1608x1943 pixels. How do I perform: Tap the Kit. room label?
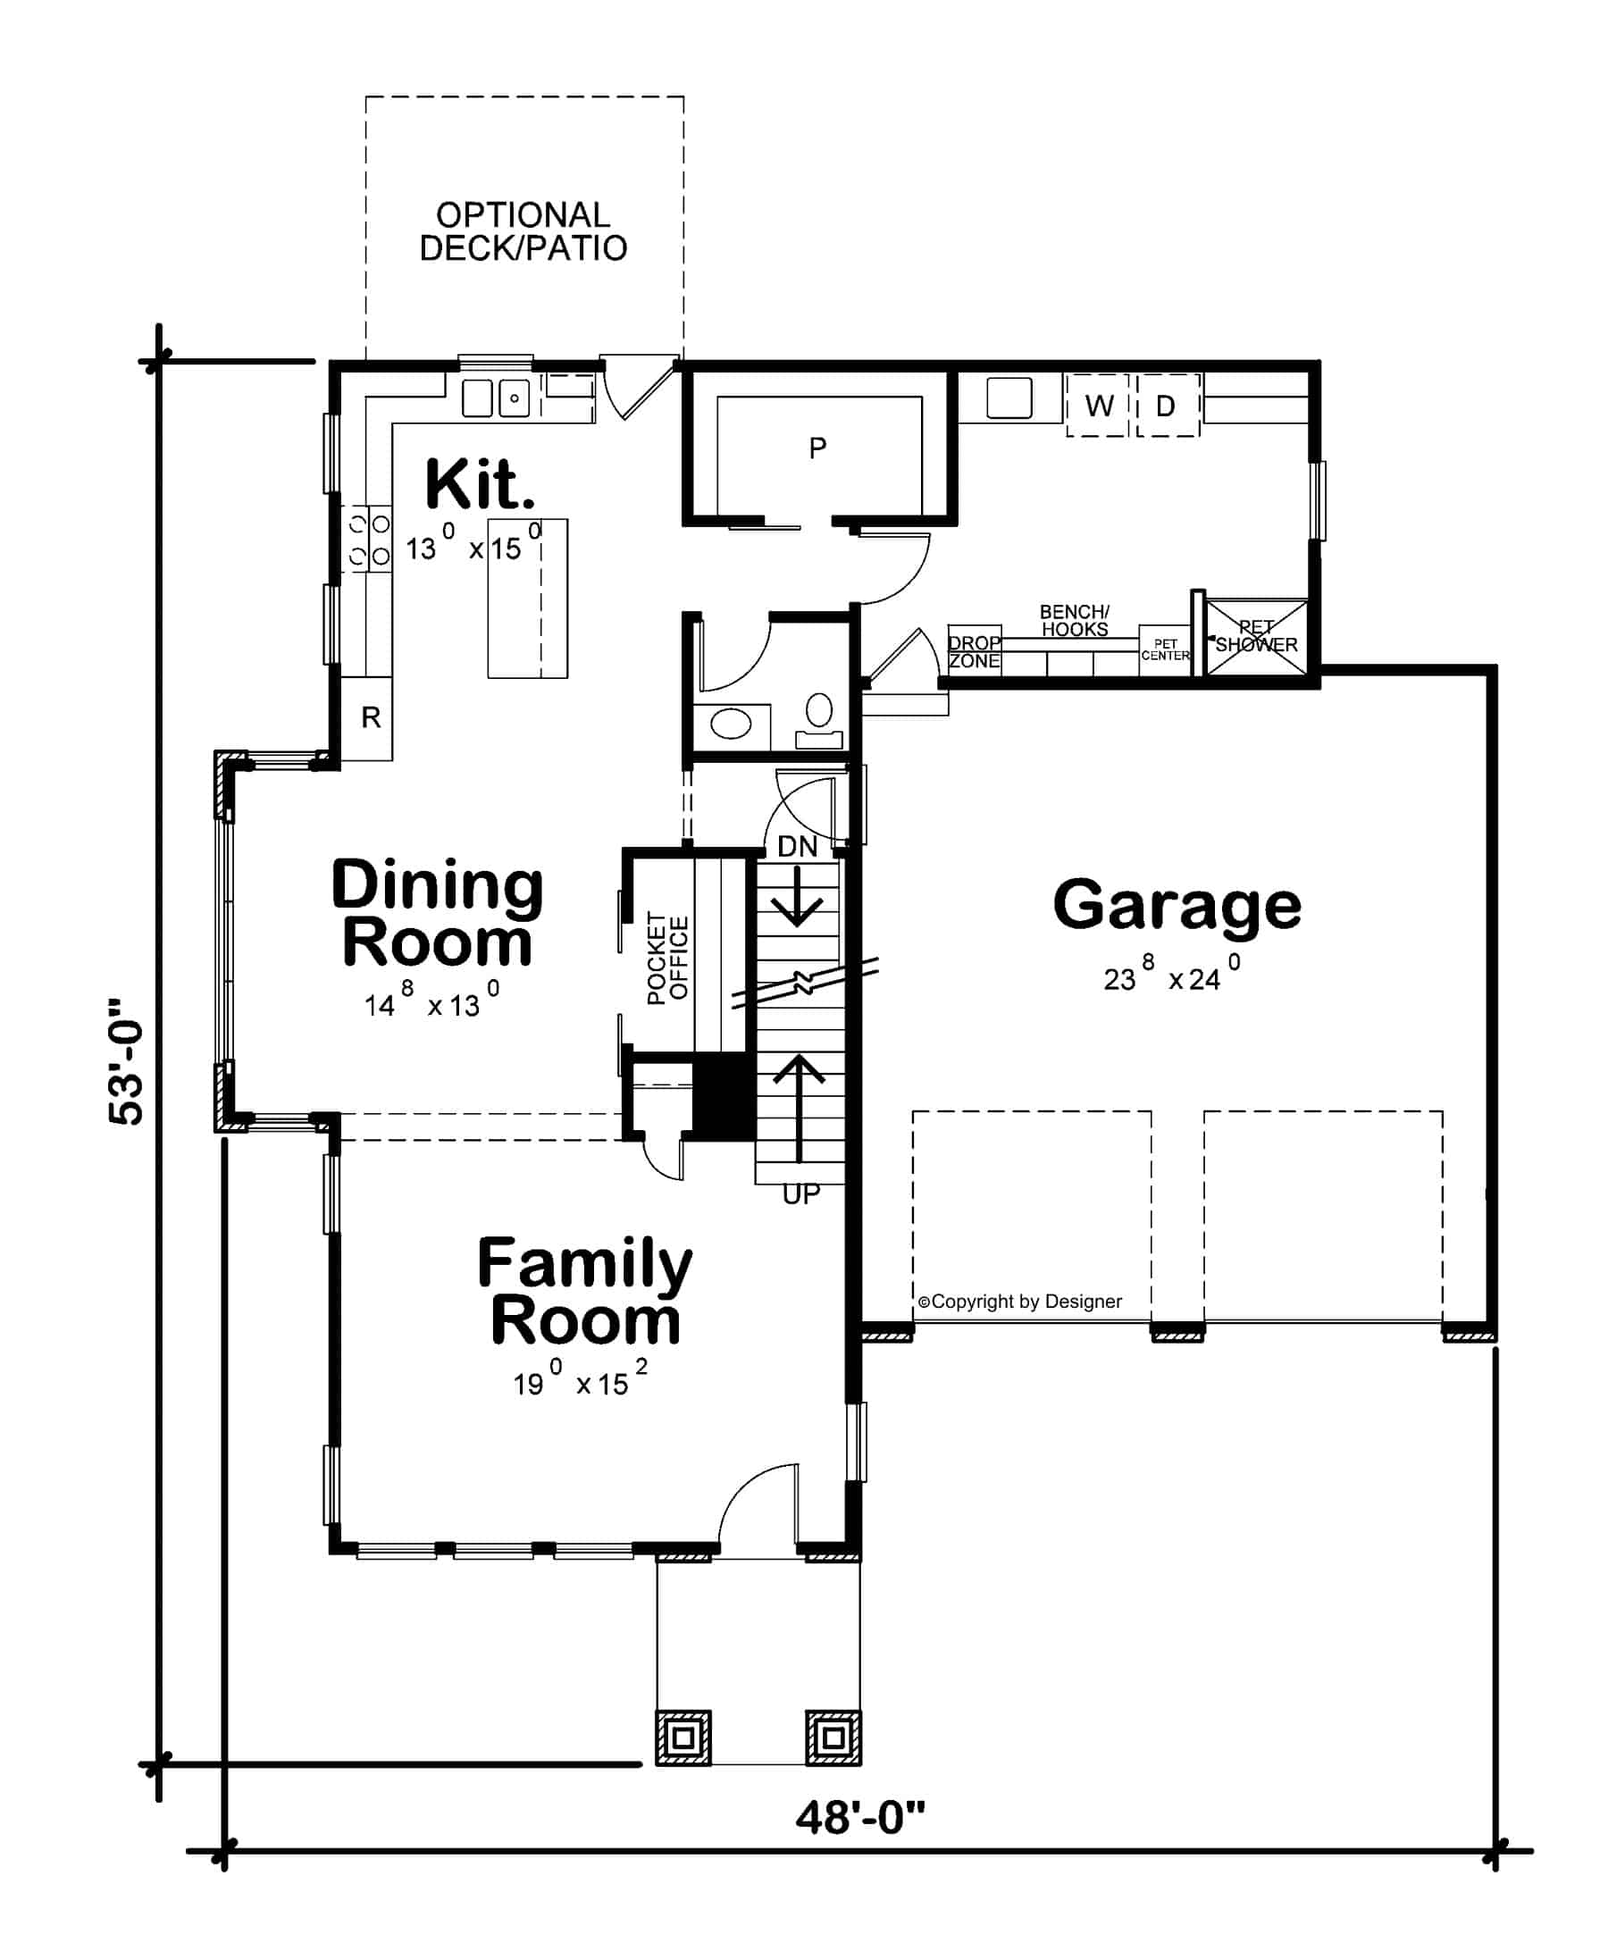click(479, 484)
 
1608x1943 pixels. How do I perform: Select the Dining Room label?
click(437, 913)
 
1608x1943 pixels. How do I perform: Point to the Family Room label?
click(584, 1292)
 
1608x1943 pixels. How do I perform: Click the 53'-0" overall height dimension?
click(127, 1061)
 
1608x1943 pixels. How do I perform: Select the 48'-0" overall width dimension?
click(859, 1817)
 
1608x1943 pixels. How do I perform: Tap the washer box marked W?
click(1098, 406)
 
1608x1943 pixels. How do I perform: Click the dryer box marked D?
click(1166, 406)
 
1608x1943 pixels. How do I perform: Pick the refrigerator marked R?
click(370, 717)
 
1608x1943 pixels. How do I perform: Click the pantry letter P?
click(817, 448)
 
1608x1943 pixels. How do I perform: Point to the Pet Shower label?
click(1255, 637)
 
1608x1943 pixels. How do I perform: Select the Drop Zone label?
click(974, 651)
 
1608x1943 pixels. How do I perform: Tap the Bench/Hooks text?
click(1073, 620)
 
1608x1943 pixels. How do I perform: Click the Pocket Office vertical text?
click(668, 958)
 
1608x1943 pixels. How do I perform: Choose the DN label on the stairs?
click(797, 846)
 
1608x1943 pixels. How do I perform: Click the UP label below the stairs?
click(800, 1194)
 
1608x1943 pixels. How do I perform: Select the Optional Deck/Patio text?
click(523, 231)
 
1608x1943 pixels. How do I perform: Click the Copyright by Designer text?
click(1018, 1302)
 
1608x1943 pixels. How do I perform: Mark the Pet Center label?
click(1165, 649)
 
